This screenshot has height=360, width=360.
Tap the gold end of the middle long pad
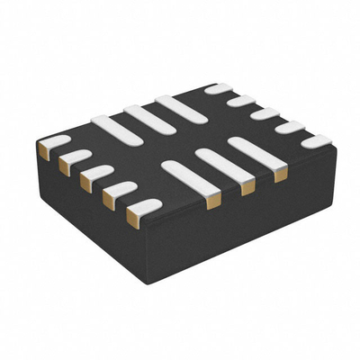tap(247, 188)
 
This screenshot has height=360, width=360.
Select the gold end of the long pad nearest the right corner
tap(280, 174)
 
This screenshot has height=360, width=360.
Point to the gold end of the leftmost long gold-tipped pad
tap(212, 202)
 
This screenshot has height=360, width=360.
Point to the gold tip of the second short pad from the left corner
tap(63, 166)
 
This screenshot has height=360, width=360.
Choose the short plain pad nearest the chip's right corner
tap(316, 141)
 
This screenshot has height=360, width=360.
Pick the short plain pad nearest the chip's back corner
tap(218, 88)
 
